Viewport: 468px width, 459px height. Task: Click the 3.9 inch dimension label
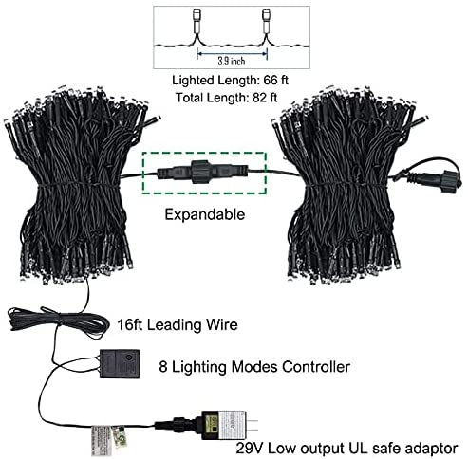click(232, 61)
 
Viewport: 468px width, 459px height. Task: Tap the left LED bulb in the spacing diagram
click(197, 21)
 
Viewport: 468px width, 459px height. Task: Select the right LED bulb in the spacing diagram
click(267, 21)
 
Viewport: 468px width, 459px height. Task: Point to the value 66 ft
click(275, 80)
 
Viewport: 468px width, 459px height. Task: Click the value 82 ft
click(265, 98)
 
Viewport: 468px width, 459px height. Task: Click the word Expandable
click(205, 214)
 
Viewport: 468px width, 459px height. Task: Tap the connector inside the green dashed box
click(203, 173)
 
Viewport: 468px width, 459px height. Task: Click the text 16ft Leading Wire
click(178, 325)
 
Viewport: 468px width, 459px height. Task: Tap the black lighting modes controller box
click(120, 363)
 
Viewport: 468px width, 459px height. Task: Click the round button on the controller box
click(128, 358)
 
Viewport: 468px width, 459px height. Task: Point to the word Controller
click(316, 367)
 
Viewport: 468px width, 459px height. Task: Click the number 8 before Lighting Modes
click(163, 367)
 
